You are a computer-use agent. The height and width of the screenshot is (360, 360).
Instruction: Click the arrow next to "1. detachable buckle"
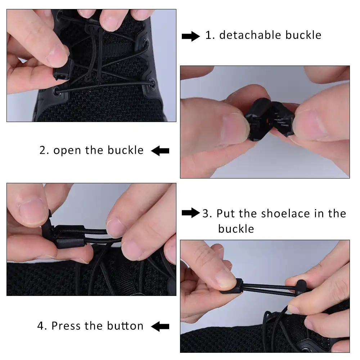tap(190, 36)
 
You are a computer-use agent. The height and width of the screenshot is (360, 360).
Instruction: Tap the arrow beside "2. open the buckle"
tap(160, 151)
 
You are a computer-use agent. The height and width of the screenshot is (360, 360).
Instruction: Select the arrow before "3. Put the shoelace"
tap(190, 213)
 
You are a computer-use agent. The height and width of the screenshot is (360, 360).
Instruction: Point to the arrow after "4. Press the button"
tap(160, 327)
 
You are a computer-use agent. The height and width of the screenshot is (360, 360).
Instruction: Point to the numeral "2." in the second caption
tap(44, 150)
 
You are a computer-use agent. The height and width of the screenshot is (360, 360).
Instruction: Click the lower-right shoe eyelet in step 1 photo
tap(151, 82)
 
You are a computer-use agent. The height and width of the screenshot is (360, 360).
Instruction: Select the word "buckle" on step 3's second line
tap(236, 229)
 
